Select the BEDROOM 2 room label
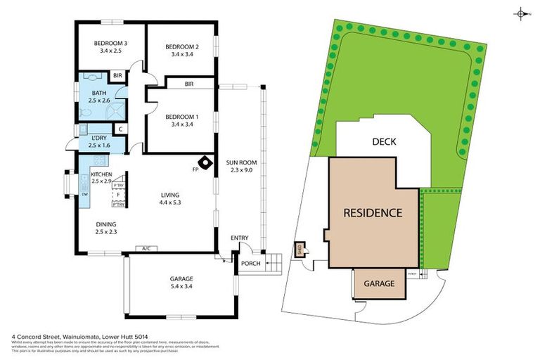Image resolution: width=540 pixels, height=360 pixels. (181, 47)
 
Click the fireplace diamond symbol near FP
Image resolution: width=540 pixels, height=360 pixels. (205, 162)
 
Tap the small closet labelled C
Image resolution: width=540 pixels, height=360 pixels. (120, 129)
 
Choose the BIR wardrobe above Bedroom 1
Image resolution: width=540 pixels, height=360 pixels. (188, 84)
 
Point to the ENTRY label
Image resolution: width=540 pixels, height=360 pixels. (240, 238)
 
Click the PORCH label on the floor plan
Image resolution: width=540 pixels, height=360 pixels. (250, 264)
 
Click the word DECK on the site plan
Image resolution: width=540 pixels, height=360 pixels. (384, 141)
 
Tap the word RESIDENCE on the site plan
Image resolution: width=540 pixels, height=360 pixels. (373, 212)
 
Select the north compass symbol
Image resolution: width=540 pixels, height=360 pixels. (521, 13)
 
